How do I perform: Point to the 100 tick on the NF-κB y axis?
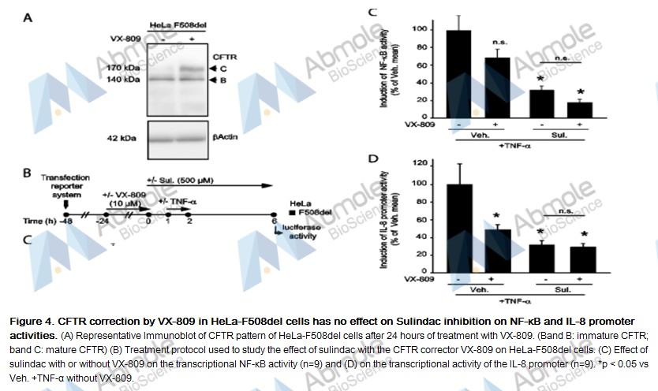[x=427, y=30]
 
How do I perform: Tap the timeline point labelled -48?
[x=67, y=214]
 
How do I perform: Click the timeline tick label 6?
[x=274, y=222]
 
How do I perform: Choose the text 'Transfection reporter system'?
[x=66, y=184]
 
